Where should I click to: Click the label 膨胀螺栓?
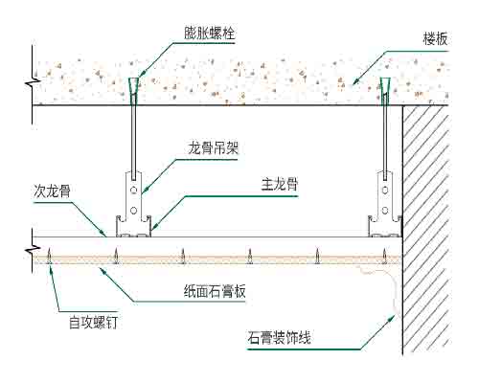210,34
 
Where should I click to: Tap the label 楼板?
435,39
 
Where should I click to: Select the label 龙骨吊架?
213,148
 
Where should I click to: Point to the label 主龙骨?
280,185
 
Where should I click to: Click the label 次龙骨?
52,191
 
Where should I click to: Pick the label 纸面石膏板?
215,291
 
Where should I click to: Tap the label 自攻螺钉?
93,323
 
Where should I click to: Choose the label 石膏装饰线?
279,338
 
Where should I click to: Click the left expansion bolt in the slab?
134,90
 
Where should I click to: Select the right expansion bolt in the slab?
385,90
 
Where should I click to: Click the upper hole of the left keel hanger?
134,191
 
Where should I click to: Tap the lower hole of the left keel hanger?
134,211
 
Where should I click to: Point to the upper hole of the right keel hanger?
385,191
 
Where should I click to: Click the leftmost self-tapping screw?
49,256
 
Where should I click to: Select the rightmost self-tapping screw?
385,256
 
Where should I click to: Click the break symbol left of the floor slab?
33,83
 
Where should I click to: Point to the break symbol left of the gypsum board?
33,250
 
